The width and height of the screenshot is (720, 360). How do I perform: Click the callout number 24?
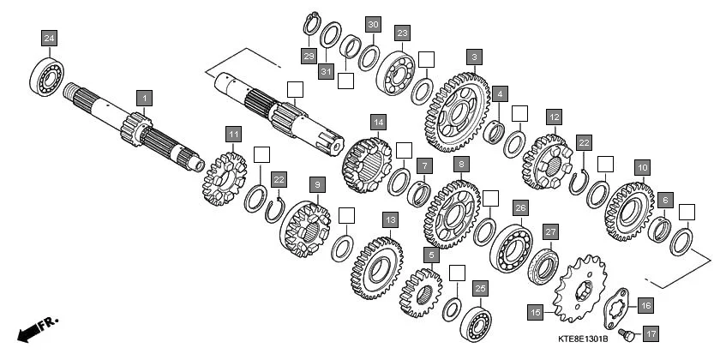(50, 38)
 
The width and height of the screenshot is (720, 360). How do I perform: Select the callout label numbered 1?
(145, 99)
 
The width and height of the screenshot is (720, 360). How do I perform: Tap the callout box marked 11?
(233, 134)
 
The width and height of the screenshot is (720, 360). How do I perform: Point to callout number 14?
(378, 122)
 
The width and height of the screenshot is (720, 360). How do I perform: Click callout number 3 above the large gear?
(473, 57)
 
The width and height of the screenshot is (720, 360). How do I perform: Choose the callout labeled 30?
(372, 25)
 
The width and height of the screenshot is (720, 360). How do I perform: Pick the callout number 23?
(402, 33)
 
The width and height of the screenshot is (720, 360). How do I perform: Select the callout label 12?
(555, 117)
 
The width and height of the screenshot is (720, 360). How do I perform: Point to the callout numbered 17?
(651, 333)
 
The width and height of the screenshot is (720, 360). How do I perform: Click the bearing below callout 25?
(476, 322)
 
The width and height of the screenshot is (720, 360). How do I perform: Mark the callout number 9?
(316, 184)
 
